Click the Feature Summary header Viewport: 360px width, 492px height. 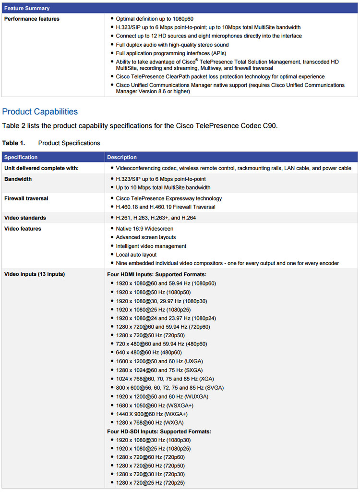click(x=27, y=8)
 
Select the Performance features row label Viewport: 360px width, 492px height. click(x=32, y=19)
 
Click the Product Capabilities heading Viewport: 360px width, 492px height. click(x=40, y=112)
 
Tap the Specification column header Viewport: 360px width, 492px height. click(x=21, y=157)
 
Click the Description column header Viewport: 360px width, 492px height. click(x=122, y=157)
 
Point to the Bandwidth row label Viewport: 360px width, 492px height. click(x=18, y=179)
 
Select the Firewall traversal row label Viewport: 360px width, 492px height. click(x=26, y=198)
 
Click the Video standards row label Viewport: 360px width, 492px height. click(x=25, y=218)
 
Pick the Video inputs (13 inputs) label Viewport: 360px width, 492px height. click(x=35, y=274)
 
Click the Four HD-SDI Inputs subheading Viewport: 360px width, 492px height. click(x=159, y=431)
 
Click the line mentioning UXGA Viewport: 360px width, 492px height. click(x=159, y=361)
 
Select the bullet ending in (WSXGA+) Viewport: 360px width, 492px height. click(x=155, y=405)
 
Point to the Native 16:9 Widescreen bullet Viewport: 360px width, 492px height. click(x=144, y=229)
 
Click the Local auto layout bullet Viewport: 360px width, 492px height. click(x=136, y=255)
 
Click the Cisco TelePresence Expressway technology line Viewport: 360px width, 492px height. click(x=168, y=198)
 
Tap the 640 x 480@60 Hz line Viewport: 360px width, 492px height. click(x=148, y=353)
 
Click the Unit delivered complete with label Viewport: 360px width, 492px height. click(x=41, y=168)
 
